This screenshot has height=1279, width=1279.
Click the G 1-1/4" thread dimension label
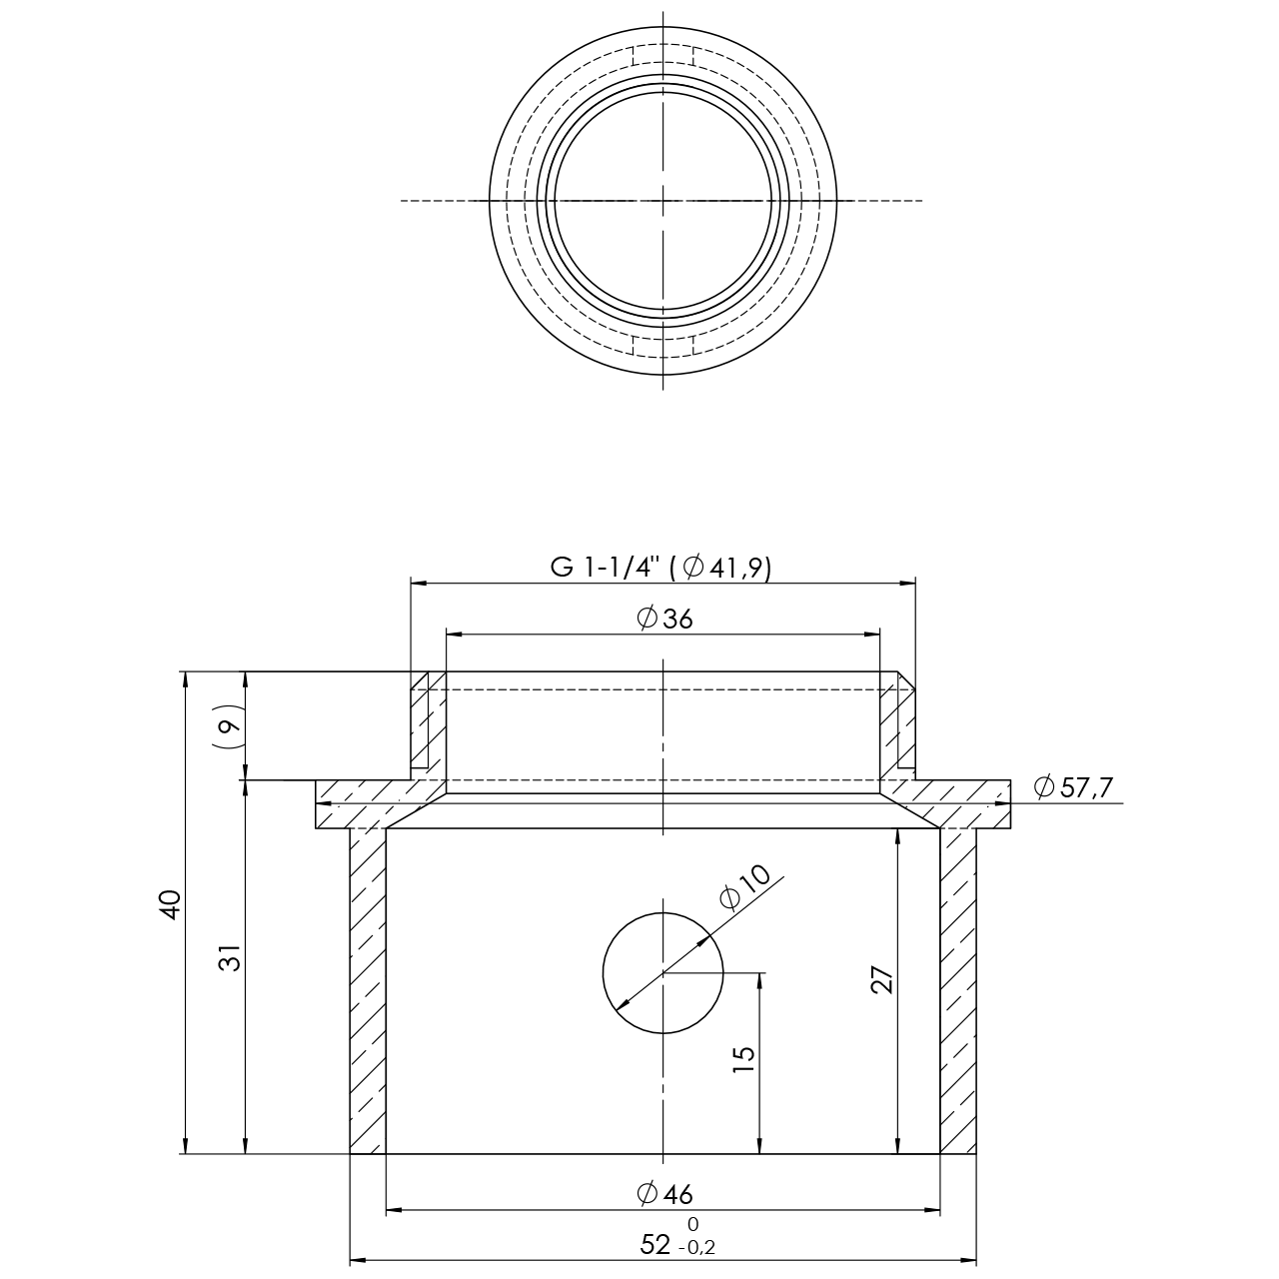[660, 569]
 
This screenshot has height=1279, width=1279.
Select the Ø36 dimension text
[664, 620]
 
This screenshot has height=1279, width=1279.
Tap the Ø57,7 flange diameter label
[1073, 787]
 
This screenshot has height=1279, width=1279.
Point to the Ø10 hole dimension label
[745, 887]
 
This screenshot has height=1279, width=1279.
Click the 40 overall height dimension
[171, 904]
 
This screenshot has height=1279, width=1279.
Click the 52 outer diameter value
[655, 1245]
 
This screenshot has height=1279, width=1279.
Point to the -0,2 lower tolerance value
[696, 1248]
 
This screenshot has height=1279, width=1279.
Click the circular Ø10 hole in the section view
[663, 973]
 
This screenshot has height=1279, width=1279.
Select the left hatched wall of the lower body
[368, 991]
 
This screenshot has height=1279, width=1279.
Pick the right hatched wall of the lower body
[958, 991]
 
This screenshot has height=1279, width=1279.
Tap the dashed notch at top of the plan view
[663, 56]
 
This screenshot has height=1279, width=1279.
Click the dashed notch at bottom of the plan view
[663, 345]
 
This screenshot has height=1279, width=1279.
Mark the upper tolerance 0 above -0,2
[692, 1224]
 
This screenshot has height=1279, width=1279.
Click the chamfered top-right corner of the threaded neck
[906, 680]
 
